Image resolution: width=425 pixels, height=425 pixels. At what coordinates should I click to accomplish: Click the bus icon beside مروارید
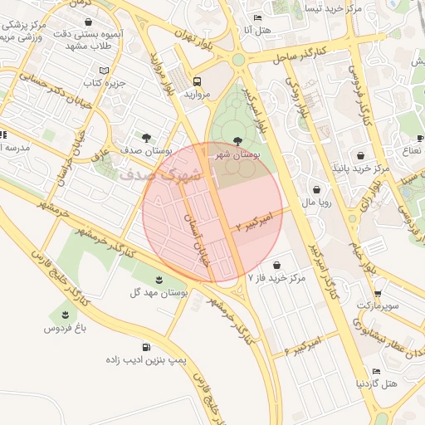198,81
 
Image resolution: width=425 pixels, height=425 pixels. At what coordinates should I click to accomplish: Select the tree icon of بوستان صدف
147,138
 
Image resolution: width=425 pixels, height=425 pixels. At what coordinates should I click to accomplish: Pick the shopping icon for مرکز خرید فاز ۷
276,265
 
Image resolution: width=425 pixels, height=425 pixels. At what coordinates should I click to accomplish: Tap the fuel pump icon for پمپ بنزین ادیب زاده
147,348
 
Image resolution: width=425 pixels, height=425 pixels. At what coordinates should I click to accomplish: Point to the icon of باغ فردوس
63,315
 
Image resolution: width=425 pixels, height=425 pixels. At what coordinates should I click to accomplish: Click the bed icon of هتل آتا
257,17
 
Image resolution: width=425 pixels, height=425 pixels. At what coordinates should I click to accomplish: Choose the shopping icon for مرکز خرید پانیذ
360,155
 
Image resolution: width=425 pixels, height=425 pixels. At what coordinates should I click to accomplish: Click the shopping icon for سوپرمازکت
377,293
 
